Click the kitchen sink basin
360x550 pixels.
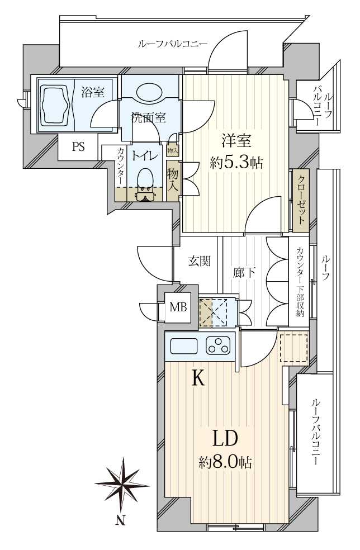coord(183,346)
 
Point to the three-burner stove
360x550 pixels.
coord(218,345)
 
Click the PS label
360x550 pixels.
coord(79,146)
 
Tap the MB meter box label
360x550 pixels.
coord(178,307)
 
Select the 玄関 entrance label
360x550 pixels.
coord(200,262)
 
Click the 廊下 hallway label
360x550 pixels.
coord(244,273)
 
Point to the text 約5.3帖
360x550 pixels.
coord(236,163)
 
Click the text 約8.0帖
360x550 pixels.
coord(225,463)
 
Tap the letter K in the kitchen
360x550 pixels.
coord(198,378)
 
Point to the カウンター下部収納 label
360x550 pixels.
coord(300,282)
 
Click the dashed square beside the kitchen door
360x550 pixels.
coord(293,348)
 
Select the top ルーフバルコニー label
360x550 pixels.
coord(173,44)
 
